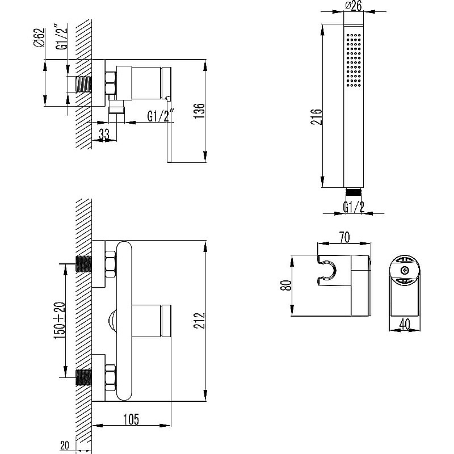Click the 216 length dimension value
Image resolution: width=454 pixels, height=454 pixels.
click(x=318, y=117)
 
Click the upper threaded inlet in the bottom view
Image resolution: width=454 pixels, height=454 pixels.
click(x=84, y=264)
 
